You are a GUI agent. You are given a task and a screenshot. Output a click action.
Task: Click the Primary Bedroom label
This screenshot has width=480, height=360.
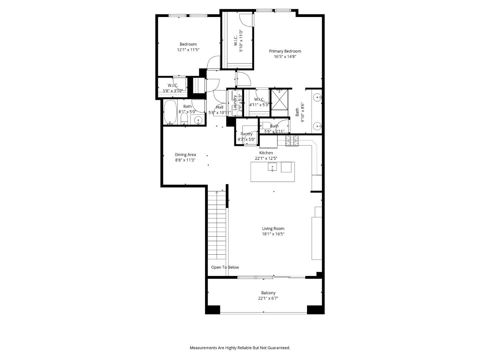coord(285,51)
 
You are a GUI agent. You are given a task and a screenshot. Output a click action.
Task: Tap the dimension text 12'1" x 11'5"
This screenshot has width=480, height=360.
coord(188,50)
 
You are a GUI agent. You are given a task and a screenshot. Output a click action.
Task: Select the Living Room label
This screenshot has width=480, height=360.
coord(273,229)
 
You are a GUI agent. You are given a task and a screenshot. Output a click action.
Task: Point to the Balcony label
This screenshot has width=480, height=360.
coord(268,293)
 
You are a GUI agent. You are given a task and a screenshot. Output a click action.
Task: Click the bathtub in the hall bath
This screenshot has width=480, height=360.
coord(171,113)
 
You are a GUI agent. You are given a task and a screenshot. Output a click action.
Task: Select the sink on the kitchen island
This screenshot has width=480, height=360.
coord(272,167)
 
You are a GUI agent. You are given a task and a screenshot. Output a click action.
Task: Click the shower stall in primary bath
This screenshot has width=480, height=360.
coord(279,99)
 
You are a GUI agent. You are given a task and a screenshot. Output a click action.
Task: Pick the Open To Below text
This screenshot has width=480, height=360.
coord(225,267)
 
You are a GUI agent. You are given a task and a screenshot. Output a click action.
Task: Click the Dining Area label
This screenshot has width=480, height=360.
coord(185,155)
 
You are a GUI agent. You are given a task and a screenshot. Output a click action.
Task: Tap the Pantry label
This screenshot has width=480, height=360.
coord(247,134)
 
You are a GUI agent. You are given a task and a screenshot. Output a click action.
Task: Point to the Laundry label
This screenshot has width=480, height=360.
coord(235,103)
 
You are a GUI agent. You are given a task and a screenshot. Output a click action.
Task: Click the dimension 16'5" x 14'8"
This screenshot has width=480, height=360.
coord(285,57)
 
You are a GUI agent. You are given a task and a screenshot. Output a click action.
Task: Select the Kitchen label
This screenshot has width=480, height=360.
coord(266,153)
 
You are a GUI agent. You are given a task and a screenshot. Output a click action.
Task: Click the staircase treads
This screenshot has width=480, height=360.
coord(217,230)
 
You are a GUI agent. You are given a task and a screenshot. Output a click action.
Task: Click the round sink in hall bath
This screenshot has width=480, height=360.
coord(199,120)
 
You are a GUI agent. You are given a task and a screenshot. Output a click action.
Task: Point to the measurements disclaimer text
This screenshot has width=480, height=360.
coord(240,348)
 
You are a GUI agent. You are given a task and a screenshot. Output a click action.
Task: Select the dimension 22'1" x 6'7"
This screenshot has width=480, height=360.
coord(268,299)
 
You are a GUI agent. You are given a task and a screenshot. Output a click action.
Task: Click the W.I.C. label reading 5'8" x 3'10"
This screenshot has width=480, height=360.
coord(173,86)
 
